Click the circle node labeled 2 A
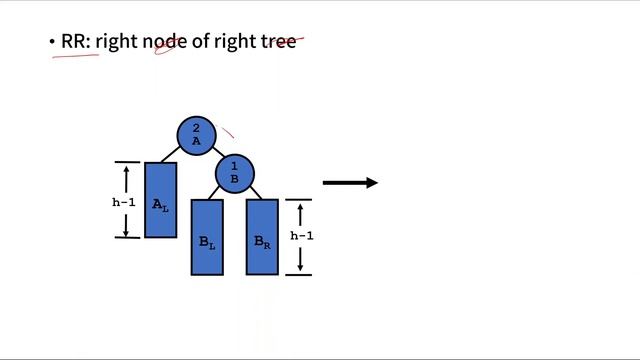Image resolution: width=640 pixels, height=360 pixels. click(196, 135)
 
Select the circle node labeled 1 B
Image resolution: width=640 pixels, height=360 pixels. click(235, 173)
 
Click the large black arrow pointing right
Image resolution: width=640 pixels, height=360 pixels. click(350, 183)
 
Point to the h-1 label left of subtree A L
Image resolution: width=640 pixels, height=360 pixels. click(123, 202)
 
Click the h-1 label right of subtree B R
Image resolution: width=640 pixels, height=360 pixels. click(302, 237)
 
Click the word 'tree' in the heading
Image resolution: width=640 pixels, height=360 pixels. click(279, 42)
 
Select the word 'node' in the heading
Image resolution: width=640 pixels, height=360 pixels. click(163, 42)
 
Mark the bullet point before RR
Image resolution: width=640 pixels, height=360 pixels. click(52, 43)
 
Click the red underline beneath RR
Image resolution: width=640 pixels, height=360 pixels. click(76, 57)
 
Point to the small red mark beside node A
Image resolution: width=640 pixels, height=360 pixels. click(229, 131)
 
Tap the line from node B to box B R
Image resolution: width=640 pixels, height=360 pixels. click(254, 192)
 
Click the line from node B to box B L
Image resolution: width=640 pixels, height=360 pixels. click(218, 193)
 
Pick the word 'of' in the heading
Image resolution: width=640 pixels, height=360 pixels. click(200, 42)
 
